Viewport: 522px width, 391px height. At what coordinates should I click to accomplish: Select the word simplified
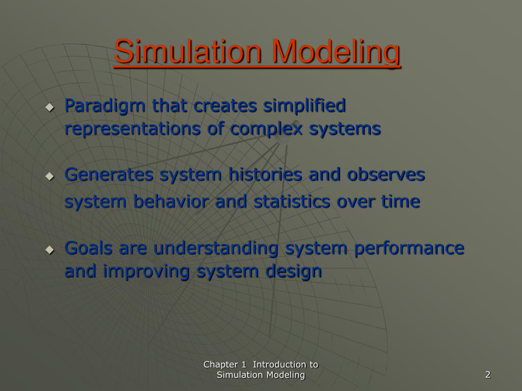tap(304, 106)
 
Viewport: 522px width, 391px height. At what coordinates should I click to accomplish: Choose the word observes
tap(386, 175)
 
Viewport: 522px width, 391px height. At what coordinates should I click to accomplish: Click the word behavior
tap(171, 202)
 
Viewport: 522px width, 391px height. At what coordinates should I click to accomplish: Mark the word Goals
tap(89, 248)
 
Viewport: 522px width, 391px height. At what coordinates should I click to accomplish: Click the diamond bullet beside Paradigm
tap(49, 107)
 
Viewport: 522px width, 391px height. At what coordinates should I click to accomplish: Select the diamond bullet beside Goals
tap(49, 249)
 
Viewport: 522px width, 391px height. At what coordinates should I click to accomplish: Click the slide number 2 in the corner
tap(488, 375)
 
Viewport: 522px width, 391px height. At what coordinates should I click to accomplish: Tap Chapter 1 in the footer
tap(225, 365)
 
